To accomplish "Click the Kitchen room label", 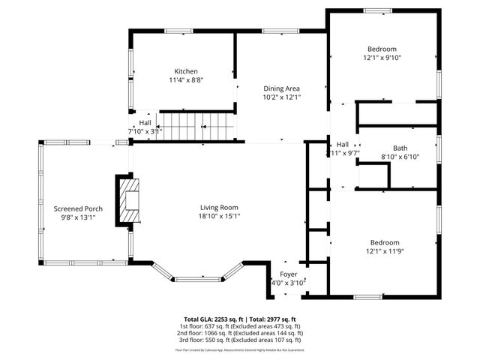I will coord(186,71).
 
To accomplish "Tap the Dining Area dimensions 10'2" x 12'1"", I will coord(281,97).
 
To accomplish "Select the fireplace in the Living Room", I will coord(128,199).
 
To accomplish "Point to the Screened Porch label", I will coord(78,208).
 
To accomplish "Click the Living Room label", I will coord(219,208).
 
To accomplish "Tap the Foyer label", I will coord(289,274).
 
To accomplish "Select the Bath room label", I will coord(400,148).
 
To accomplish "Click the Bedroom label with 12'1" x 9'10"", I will coord(382,48).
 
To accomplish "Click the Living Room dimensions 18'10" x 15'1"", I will coord(219,216).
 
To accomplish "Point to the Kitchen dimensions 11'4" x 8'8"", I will coord(186,79).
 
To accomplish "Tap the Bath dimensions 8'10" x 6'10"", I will coord(400,157).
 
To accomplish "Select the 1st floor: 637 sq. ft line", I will coord(240,326).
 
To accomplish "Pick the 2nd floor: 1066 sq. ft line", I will coord(240,333).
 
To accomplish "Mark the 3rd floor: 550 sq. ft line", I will coord(240,340).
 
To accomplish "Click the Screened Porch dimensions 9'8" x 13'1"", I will coord(78,217).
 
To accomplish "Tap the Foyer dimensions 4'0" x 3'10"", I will coord(289,283).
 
